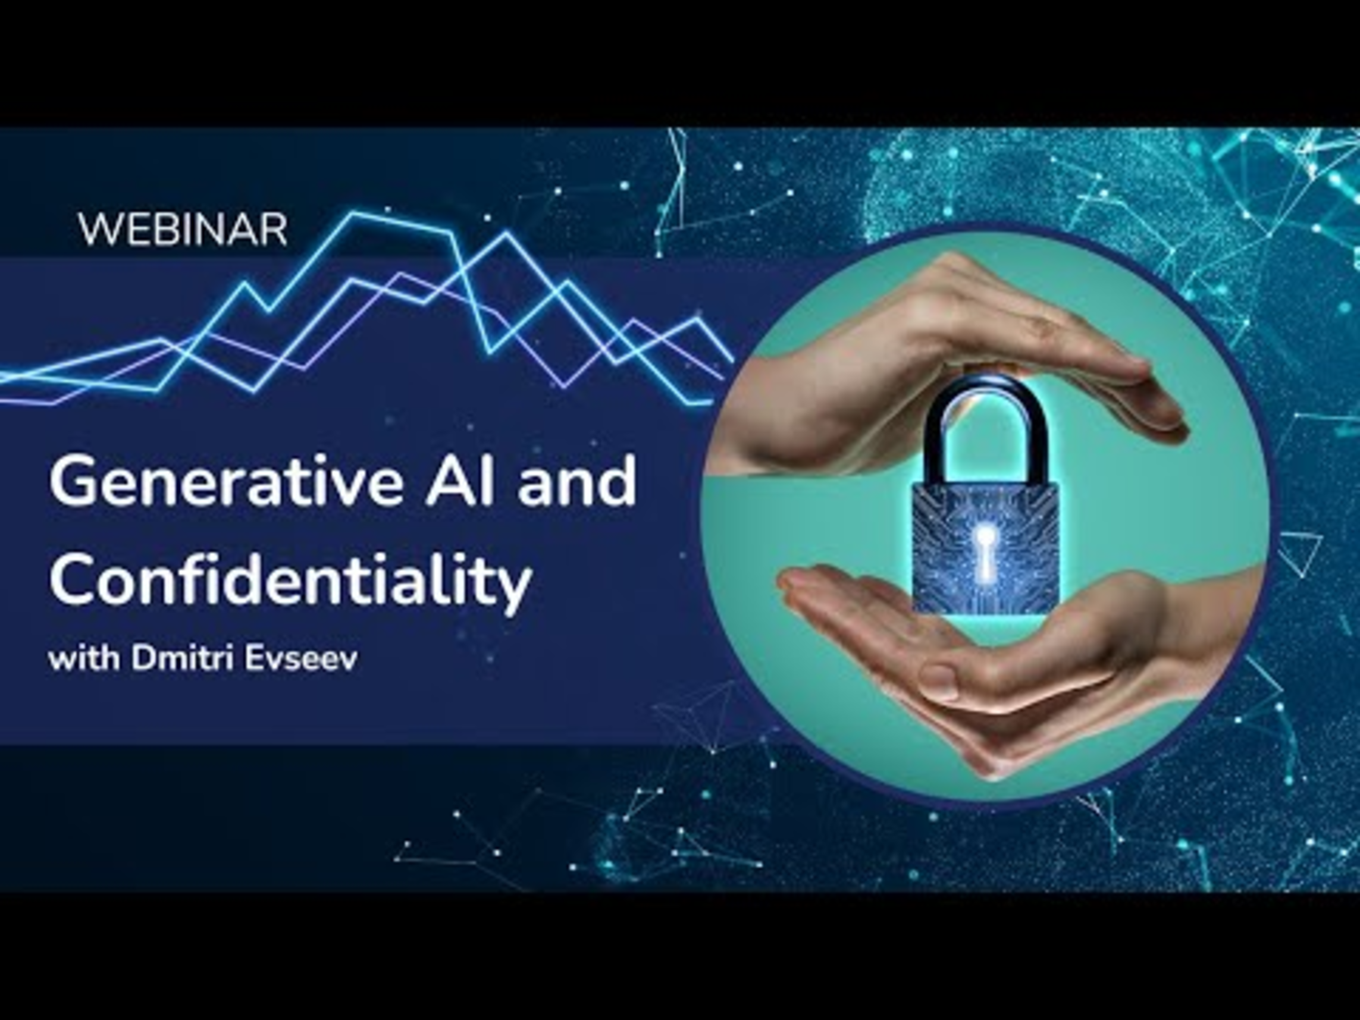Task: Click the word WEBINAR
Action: point(183,230)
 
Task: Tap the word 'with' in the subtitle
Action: point(84,658)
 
